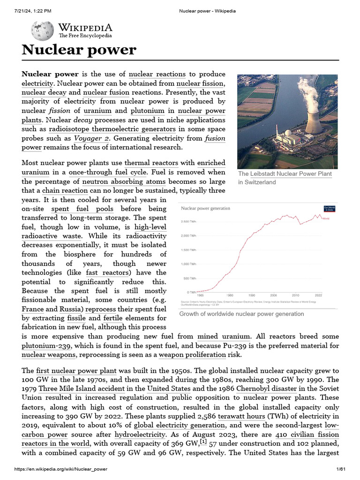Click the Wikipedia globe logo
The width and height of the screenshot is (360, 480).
[42, 30]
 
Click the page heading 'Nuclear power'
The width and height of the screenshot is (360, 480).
[79, 50]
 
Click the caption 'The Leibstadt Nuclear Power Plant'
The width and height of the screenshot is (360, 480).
[285, 174]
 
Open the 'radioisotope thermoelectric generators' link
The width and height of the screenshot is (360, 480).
[112, 129]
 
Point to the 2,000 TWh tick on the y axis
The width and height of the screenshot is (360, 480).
[188, 236]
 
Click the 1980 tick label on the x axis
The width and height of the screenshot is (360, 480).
[230, 295]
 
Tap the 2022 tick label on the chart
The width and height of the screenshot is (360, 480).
[318, 295]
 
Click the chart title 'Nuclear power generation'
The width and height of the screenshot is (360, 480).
[202, 208]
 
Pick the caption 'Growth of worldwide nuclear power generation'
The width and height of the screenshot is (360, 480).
[241, 314]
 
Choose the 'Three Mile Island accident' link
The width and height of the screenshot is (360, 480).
[91, 389]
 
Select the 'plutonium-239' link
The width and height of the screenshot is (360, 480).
[46, 345]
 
